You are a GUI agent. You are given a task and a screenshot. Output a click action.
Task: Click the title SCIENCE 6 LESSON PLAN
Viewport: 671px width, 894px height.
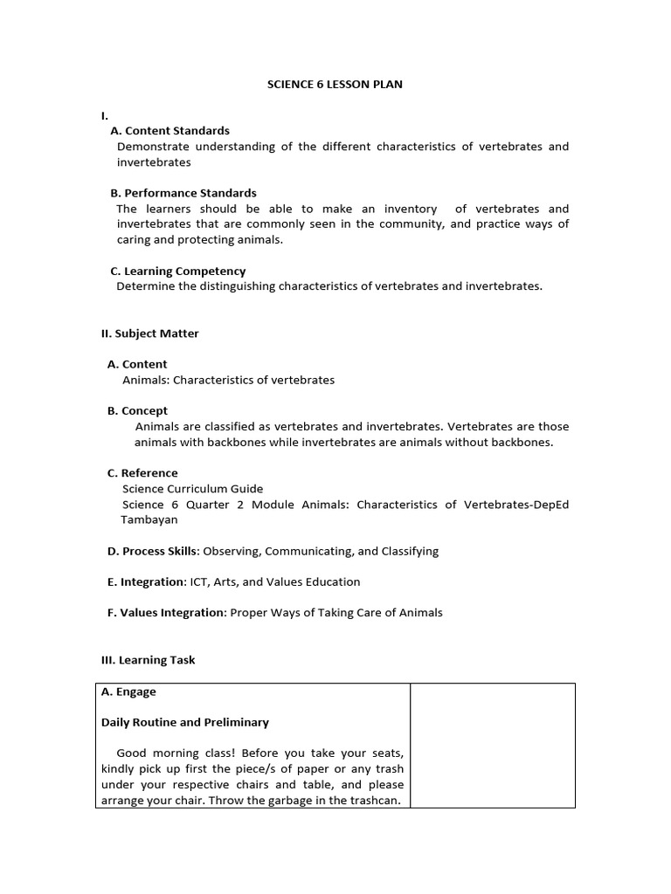click(335, 85)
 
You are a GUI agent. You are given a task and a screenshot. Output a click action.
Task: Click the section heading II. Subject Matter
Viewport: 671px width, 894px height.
click(150, 334)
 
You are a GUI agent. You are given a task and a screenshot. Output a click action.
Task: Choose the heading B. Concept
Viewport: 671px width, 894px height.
click(137, 410)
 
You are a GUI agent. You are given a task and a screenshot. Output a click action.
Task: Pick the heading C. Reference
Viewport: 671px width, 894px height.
click(142, 473)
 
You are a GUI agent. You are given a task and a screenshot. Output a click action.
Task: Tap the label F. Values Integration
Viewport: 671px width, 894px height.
click(166, 613)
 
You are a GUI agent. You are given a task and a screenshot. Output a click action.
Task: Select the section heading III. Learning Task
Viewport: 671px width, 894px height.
click(149, 660)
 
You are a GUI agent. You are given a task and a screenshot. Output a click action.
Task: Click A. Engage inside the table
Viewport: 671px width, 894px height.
click(128, 691)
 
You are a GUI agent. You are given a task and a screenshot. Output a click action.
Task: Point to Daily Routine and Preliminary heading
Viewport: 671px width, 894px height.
click(184, 722)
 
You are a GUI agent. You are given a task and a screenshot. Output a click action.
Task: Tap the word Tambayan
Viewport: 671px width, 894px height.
click(149, 519)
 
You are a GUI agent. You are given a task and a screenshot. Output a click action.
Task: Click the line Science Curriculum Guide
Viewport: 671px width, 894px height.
click(192, 489)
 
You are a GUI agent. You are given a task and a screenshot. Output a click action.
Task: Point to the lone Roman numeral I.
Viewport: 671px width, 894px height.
click(104, 115)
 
